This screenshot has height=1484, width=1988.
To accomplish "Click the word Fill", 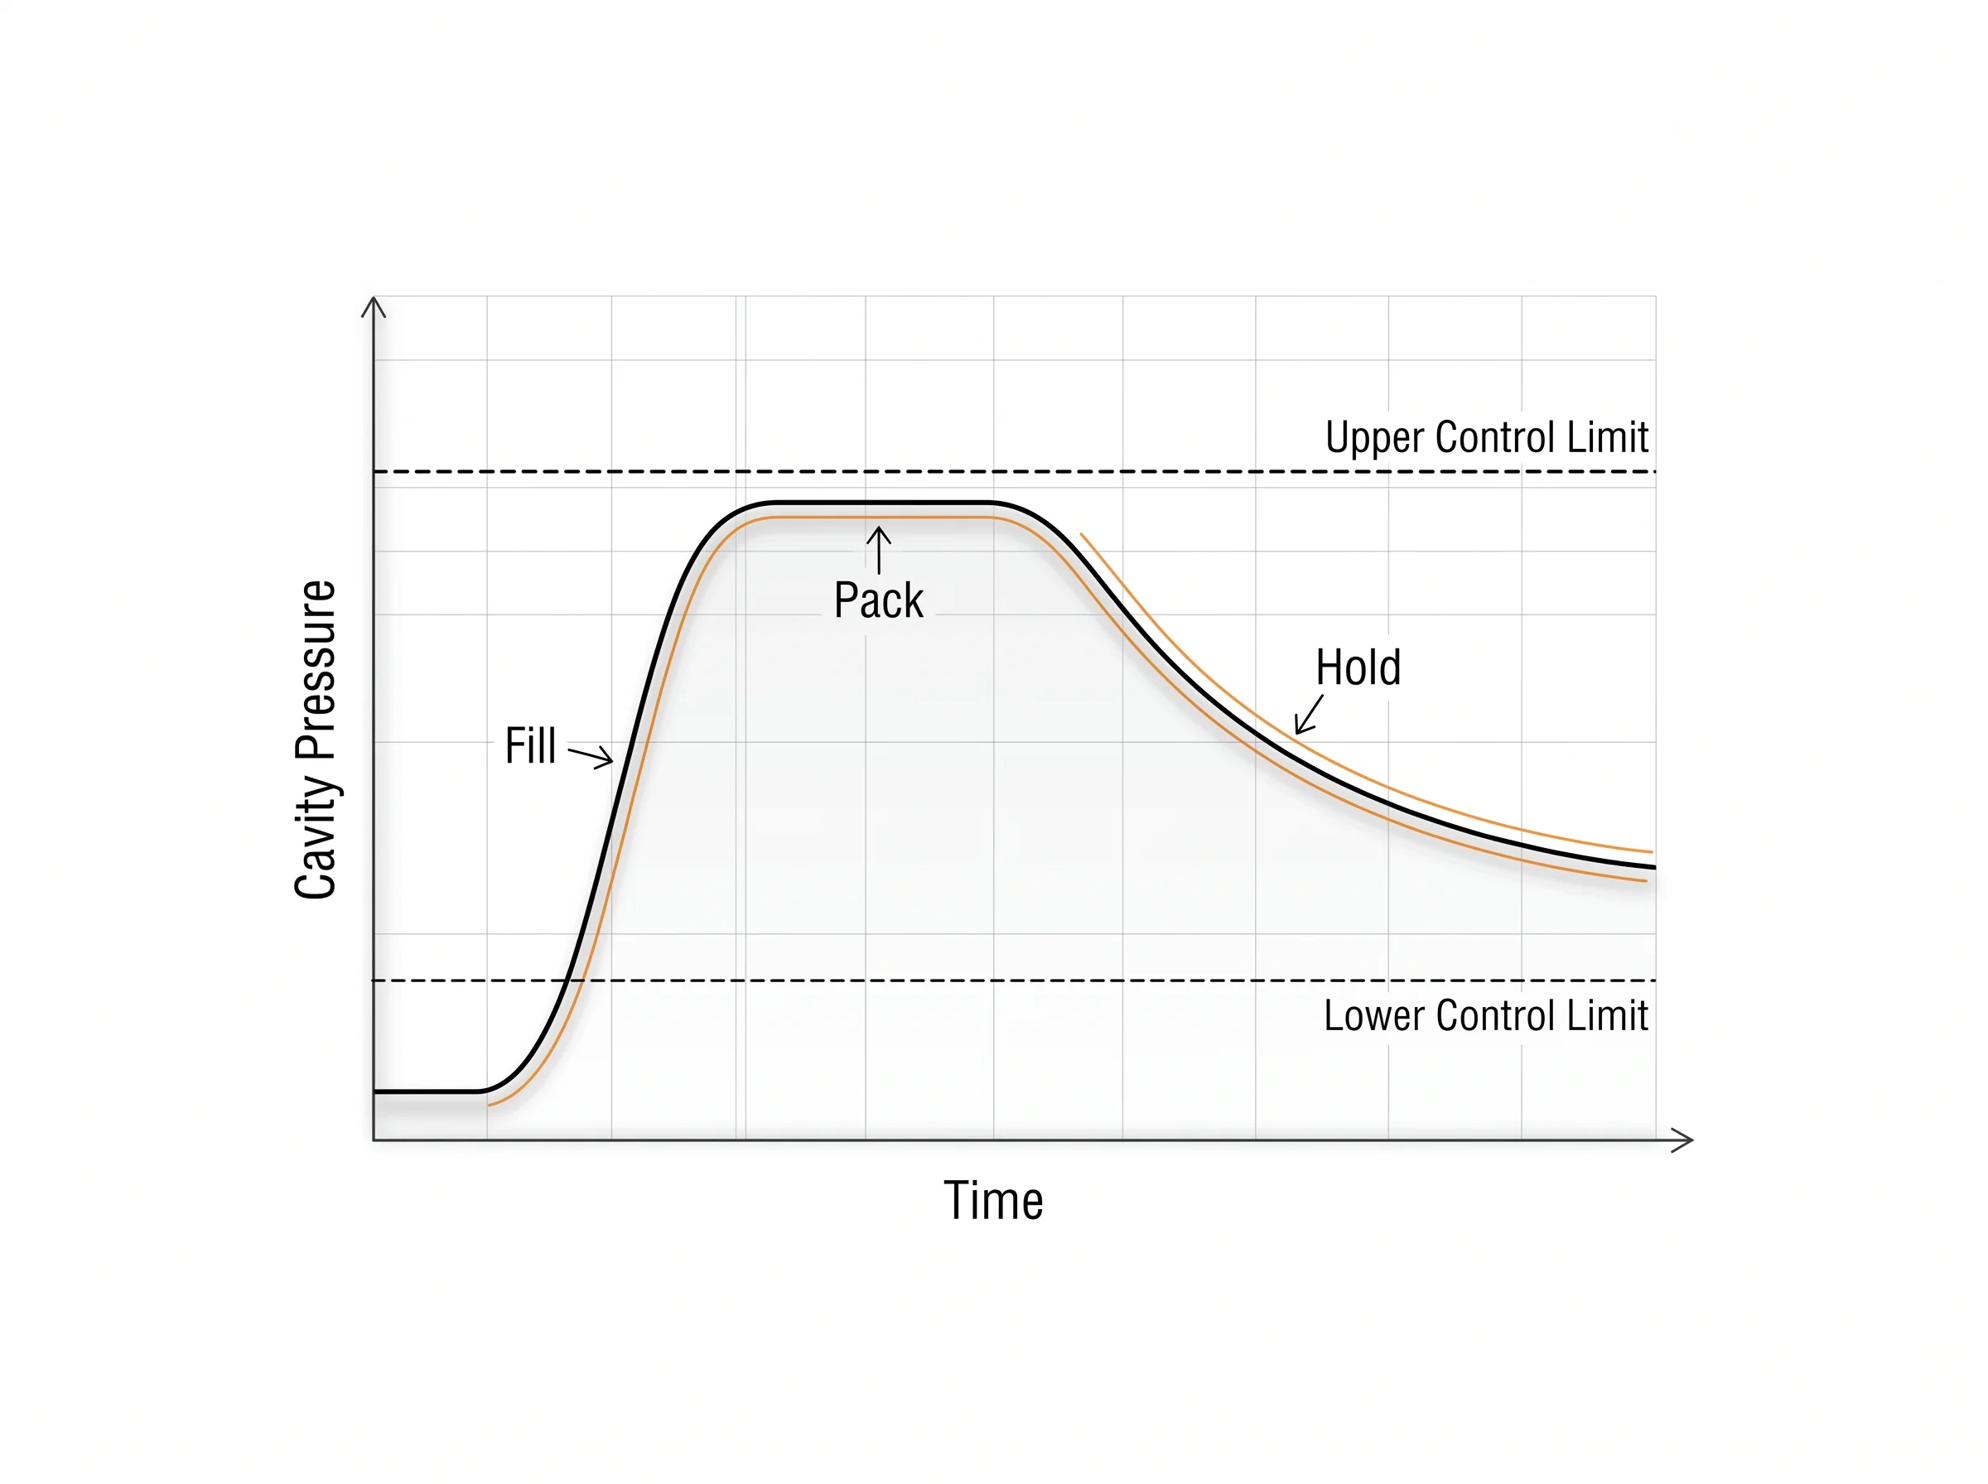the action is click(530, 745).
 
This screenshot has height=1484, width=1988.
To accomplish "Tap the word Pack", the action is click(878, 600).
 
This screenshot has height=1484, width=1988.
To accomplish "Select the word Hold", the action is click(1358, 667).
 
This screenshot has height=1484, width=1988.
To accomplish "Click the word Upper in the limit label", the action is click(1375, 438).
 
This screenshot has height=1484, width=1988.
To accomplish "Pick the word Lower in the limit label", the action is click(1374, 1016).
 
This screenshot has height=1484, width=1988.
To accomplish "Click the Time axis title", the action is click(992, 1201).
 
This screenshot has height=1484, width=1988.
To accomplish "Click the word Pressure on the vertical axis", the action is click(316, 668).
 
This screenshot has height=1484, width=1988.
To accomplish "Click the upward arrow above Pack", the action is click(879, 550).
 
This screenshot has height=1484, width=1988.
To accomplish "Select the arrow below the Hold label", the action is click(1308, 714).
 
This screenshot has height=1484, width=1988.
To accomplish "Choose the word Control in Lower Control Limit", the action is click(1496, 1016).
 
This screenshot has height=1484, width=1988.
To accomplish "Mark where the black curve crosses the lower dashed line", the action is click(567, 980).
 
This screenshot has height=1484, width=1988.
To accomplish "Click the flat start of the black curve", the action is click(429, 1091).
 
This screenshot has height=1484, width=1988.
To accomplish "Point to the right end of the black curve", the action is click(1654, 867).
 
